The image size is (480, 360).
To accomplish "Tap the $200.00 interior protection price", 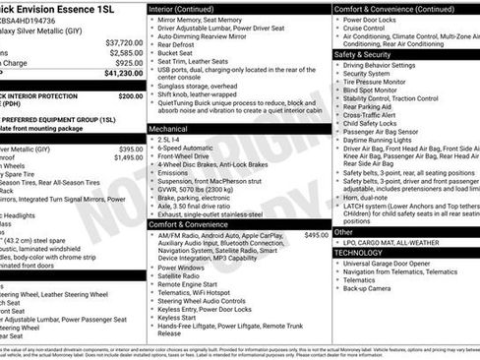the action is click(130, 96).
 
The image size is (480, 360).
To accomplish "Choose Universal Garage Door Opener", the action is click(394, 264).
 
